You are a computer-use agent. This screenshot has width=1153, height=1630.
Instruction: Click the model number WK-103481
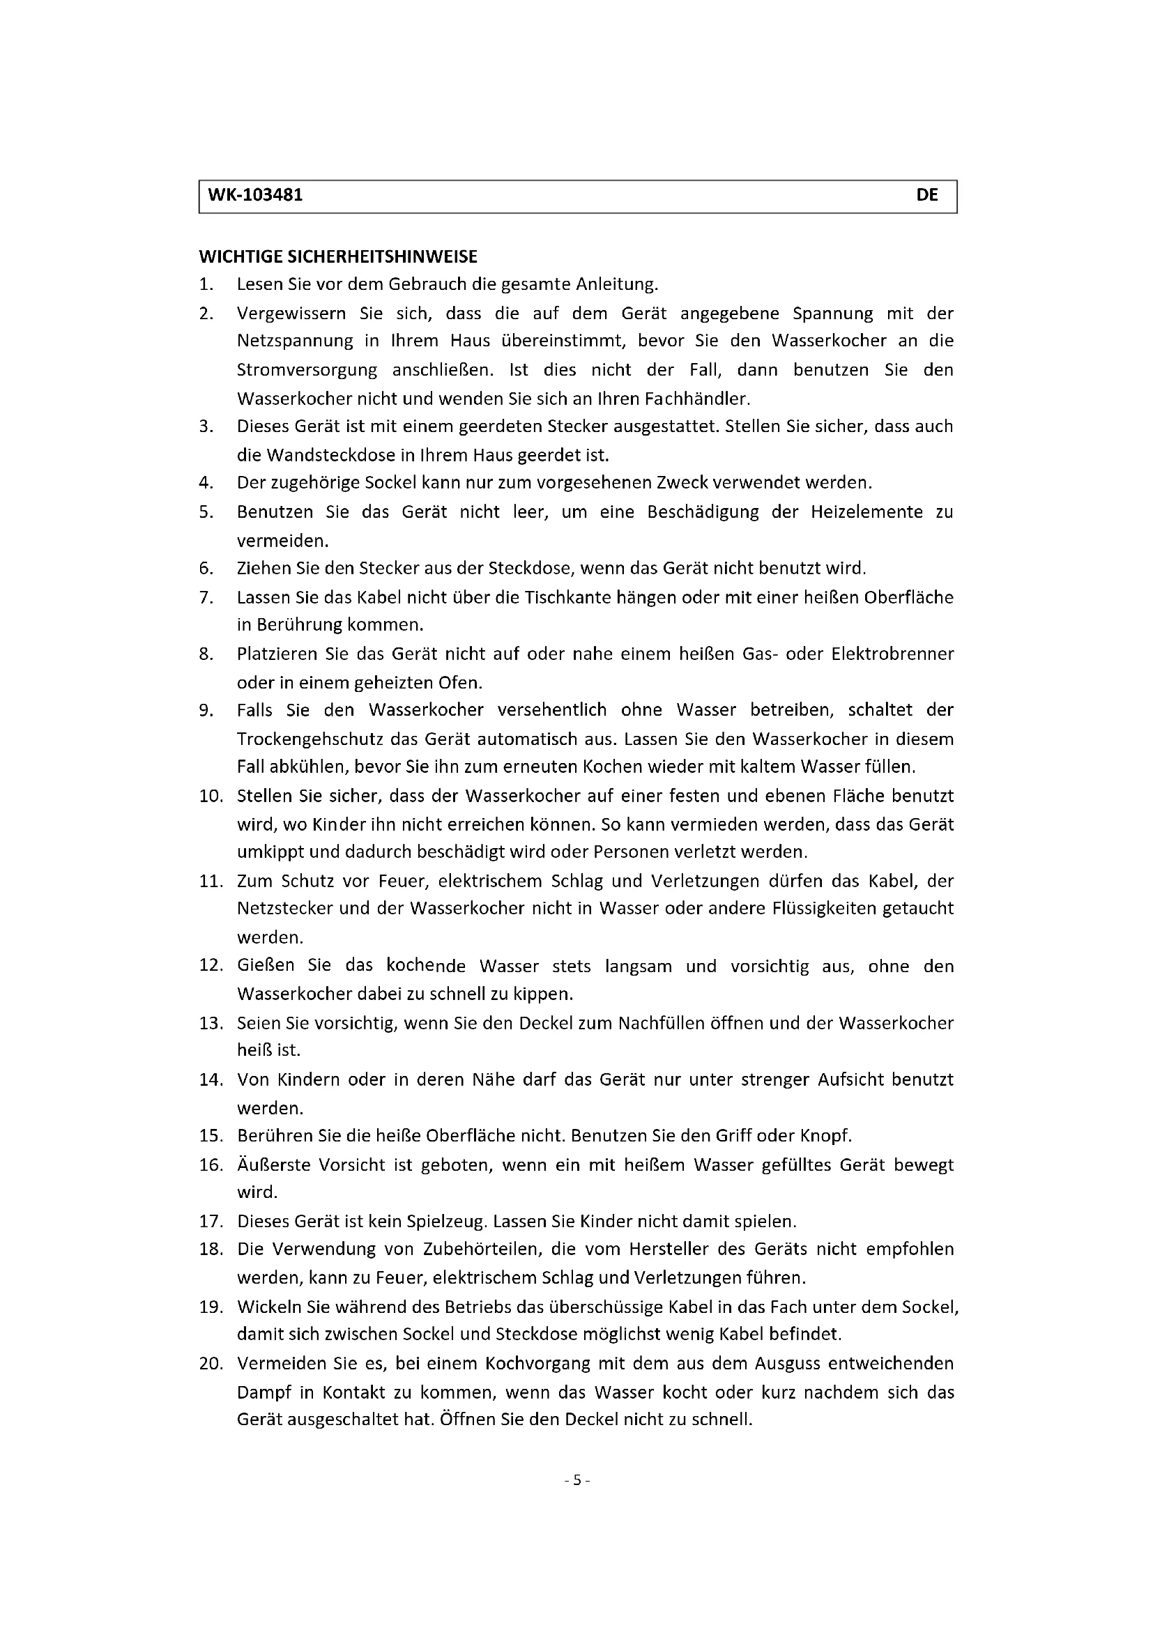click(x=256, y=195)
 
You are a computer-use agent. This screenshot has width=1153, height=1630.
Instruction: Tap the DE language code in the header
click(x=926, y=195)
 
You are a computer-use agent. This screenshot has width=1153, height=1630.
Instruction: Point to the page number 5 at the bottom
click(x=576, y=1480)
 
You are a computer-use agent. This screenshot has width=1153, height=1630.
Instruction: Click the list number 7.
click(x=206, y=598)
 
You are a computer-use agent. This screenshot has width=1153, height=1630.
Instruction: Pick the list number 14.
click(x=211, y=1079)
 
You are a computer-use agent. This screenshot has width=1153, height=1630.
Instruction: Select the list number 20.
click(x=211, y=1364)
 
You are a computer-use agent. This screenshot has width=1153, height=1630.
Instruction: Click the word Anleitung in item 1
click(x=616, y=285)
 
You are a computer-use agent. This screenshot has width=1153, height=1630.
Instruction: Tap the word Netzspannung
click(x=295, y=341)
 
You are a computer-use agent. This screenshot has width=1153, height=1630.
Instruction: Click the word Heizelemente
click(x=866, y=512)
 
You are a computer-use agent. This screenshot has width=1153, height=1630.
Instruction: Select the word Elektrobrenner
click(x=892, y=654)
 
